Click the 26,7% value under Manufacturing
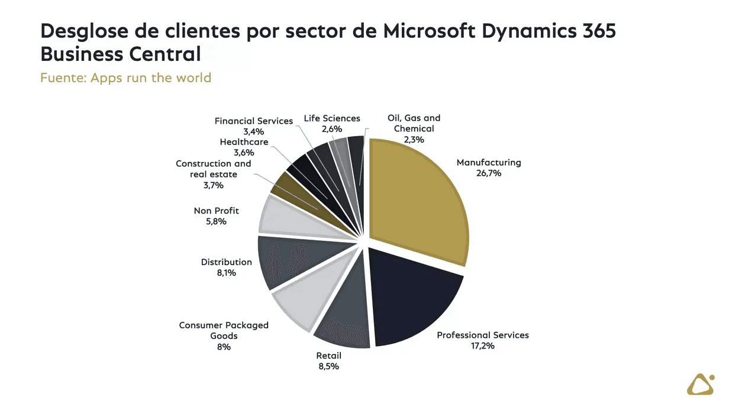488,173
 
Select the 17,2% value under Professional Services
482,346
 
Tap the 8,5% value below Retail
328,366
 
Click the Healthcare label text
244,142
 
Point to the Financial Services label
253,121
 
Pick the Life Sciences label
332,118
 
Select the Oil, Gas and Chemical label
414,123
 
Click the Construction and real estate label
213,169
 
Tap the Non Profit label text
216,211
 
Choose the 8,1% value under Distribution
226,273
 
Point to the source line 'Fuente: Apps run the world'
125,78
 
